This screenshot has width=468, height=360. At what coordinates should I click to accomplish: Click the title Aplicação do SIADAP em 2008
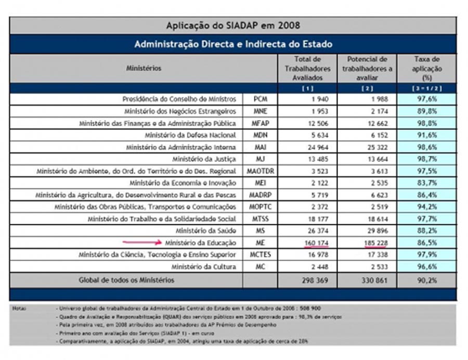233,25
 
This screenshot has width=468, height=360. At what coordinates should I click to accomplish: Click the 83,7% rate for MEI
426,183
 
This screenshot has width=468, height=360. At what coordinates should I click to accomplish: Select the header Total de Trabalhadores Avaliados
307,68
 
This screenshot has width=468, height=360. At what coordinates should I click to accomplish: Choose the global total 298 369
307,280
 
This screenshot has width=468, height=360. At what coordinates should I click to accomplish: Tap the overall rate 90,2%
426,280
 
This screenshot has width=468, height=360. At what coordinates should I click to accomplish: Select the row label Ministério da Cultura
203,266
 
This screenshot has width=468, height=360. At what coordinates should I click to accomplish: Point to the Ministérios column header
144,68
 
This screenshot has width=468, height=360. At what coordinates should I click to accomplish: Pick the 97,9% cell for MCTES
426,254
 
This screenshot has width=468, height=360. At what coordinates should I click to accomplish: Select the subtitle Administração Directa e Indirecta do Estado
233,44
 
